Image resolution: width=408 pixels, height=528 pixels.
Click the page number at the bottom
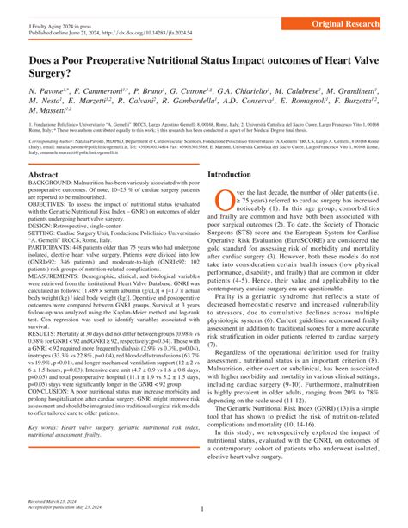coord(201,510)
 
